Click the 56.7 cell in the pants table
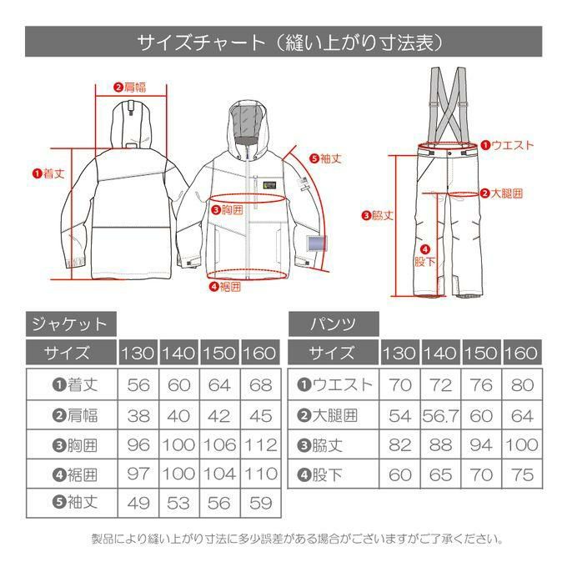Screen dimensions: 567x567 click(x=440, y=415)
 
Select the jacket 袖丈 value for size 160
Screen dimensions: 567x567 click(x=261, y=503)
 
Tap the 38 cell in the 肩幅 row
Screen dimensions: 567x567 click(x=138, y=415)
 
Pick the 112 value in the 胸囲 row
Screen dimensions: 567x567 click(x=261, y=444)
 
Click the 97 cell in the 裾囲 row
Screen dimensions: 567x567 click(x=138, y=474)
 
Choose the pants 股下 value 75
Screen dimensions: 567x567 click(x=523, y=474)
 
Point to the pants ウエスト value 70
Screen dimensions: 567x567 click(x=400, y=384)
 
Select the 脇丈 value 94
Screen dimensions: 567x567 click(x=481, y=444)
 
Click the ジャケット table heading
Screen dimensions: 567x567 click(x=71, y=324)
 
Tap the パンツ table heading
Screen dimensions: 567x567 click(x=334, y=324)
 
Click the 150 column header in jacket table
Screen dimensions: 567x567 click(x=219, y=353)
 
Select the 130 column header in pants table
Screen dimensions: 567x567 click(x=399, y=353)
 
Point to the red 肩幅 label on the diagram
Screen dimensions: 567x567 click(x=130, y=88)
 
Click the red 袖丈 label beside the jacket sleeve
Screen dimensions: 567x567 click(x=326, y=158)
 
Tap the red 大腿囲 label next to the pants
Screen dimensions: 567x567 click(x=502, y=193)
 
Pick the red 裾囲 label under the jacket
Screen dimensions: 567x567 click(x=225, y=287)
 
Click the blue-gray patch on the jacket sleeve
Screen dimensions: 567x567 click(x=317, y=243)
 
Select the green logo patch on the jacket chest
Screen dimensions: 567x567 click(x=270, y=185)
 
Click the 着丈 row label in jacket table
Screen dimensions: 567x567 click(x=75, y=384)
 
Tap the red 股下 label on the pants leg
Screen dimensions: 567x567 click(x=425, y=256)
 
